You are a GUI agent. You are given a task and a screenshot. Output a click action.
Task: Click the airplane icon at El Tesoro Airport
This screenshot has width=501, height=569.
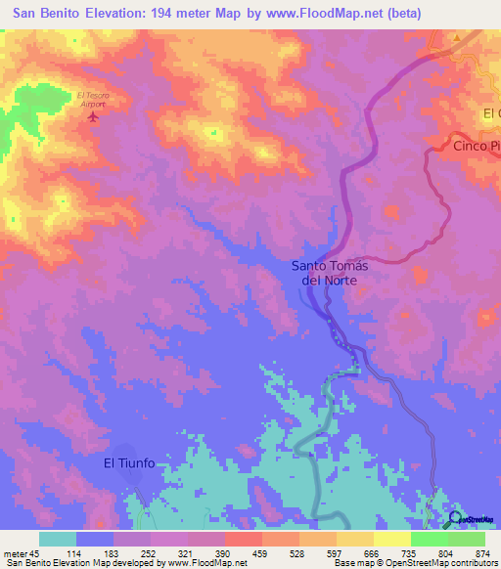pos(94,117)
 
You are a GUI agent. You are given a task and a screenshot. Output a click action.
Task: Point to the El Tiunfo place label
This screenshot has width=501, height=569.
pos(130,463)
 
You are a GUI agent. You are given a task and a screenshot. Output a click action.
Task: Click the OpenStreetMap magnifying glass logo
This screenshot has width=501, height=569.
pos(454,519)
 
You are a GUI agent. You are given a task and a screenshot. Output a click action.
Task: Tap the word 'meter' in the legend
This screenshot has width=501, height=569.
pos(17,554)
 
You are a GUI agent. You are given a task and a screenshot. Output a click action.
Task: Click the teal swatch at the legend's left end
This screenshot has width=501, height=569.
pos(58,539)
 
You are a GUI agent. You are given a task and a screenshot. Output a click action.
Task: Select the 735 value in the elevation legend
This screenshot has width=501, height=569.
pos(412,554)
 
